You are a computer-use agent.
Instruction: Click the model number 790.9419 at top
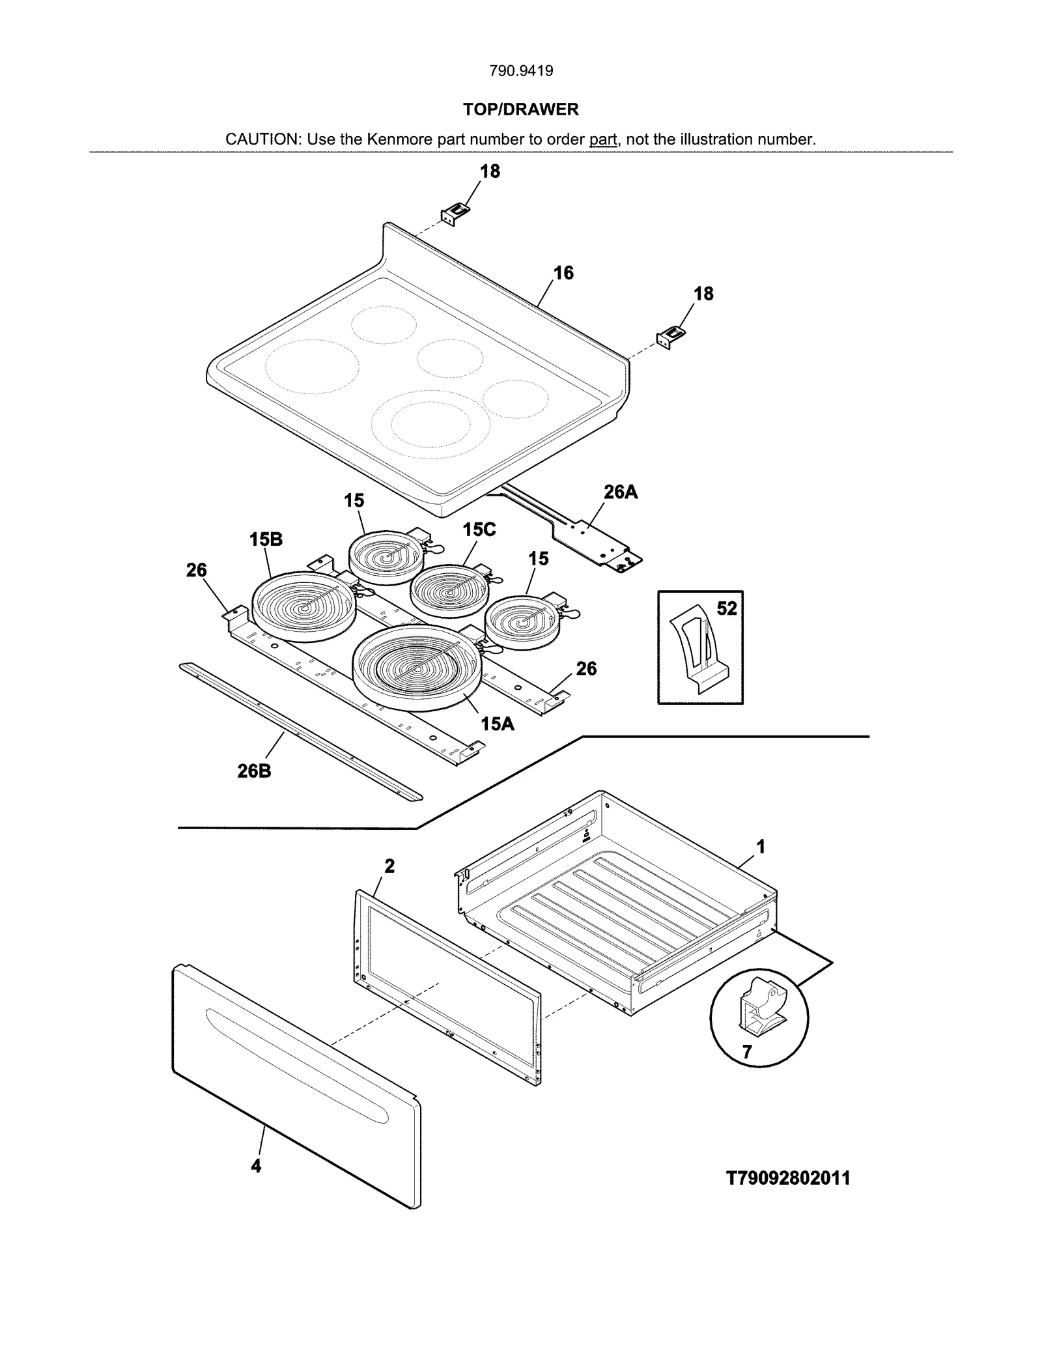click(521, 71)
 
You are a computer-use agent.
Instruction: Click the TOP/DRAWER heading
click(520, 109)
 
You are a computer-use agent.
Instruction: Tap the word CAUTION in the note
click(262, 139)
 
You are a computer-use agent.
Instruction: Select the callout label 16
click(563, 273)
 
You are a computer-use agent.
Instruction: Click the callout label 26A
click(620, 492)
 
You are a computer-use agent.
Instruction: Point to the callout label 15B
click(266, 539)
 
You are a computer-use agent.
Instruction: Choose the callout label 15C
click(479, 530)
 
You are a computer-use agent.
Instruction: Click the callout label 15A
click(497, 723)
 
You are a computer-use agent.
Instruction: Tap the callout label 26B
click(254, 771)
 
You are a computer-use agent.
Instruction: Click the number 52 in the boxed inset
click(727, 608)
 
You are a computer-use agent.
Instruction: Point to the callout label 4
click(256, 1166)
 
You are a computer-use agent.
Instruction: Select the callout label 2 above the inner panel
click(389, 866)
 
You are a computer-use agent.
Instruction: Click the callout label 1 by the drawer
click(760, 847)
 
